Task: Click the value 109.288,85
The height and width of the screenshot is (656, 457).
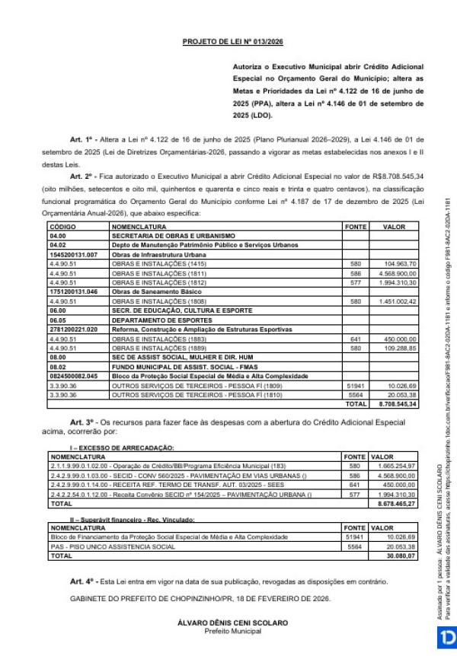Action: (x=400, y=347)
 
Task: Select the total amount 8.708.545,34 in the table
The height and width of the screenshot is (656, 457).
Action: (x=398, y=404)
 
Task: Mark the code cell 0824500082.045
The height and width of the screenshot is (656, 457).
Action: (x=74, y=376)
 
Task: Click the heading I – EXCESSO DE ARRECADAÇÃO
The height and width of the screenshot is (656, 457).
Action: (x=121, y=447)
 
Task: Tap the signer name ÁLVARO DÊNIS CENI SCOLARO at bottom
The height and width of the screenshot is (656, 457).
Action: (x=233, y=623)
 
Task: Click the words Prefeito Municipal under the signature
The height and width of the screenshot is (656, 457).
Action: (x=233, y=631)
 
